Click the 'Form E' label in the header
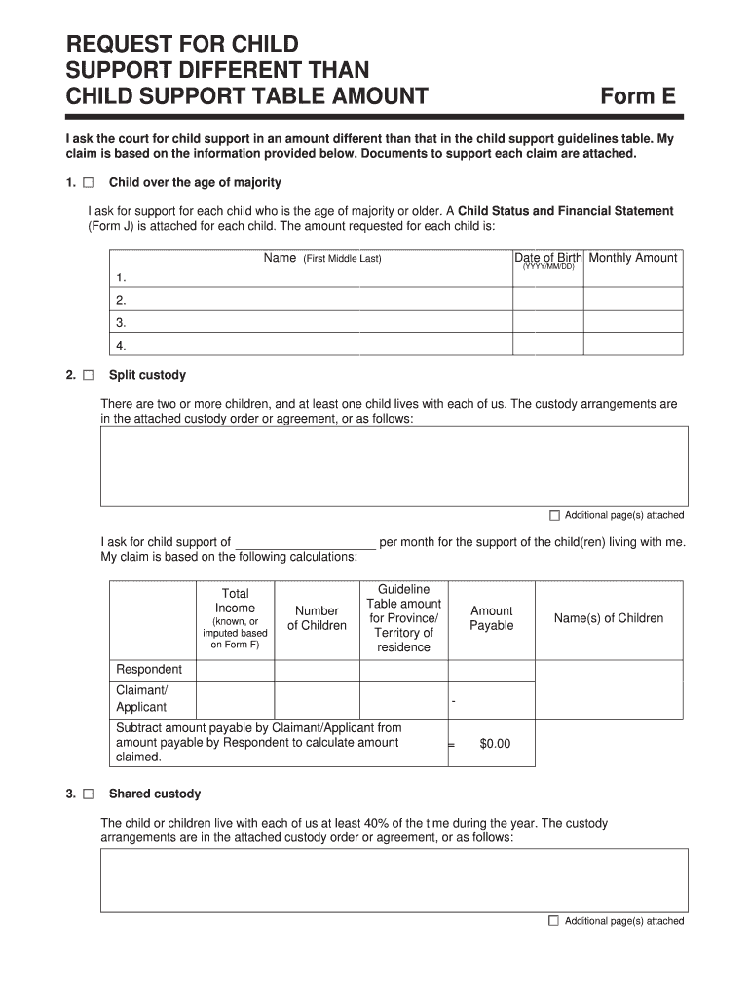(x=638, y=95)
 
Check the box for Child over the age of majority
(x=89, y=183)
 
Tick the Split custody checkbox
(x=89, y=375)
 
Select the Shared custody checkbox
(x=89, y=794)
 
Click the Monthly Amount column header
(x=633, y=258)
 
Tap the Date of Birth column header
(x=548, y=259)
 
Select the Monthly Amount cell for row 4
(x=633, y=346)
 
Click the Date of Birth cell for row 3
(x=548, y=323)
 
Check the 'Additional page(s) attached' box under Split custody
(x=554, y=515)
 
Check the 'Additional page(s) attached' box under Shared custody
(x=554, y=921)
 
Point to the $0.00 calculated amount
(x=495, y=744)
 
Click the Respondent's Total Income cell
(x=235, y=670)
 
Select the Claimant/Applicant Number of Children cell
(x=317, y=699)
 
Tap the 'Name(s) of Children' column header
(x=609, y=618)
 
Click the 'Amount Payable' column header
(x=491, y=618)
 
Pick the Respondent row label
(x=149, y=670)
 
